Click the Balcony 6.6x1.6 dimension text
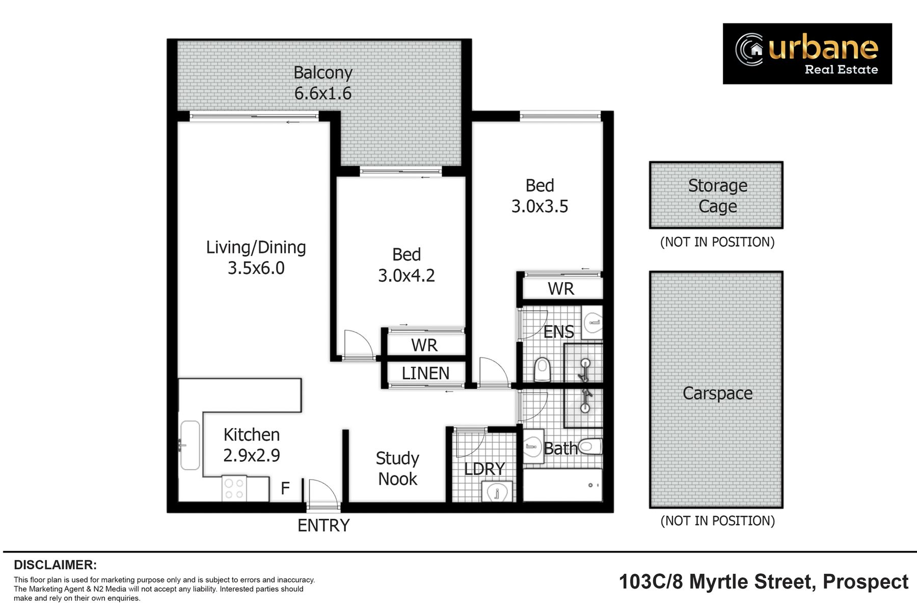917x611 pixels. (323, 94)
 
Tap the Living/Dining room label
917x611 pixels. (256, 248)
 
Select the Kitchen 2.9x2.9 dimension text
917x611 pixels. (252, 455)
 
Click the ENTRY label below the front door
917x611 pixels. (323, 525)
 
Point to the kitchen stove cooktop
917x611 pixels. (234, 488)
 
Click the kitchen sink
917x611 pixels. (190, 445)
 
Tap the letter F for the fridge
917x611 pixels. (285, 488)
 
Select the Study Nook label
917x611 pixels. (397, 468)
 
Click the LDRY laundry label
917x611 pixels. (484, 468)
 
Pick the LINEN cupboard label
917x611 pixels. (425, 373)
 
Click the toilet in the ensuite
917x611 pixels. (543, 369)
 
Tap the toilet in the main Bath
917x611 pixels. (590, 447)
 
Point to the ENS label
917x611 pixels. (558, 332)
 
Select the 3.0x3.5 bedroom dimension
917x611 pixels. (540, 206)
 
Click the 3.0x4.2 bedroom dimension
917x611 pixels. (407, 275)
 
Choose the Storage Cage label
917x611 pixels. (718, 196)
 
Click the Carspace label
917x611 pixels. (717, 393)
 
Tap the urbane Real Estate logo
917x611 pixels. (807, 53)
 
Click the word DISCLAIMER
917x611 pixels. (55, 565)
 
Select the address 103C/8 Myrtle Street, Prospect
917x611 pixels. (764, 581)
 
